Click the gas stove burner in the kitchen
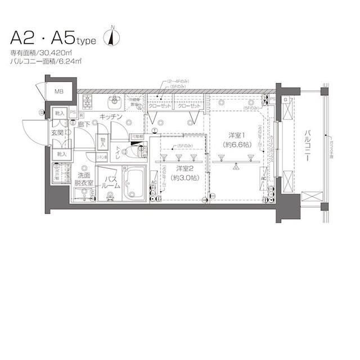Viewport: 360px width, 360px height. (x=88, y=102)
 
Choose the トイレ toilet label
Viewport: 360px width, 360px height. (x=119, y=151)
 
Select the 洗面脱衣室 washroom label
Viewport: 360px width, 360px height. (x=85, y=179)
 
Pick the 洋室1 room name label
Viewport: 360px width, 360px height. (x=235, y=136)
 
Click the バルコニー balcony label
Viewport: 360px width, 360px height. (x=309, y=146)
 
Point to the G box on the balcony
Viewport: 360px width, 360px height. (x=286, y=100)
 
